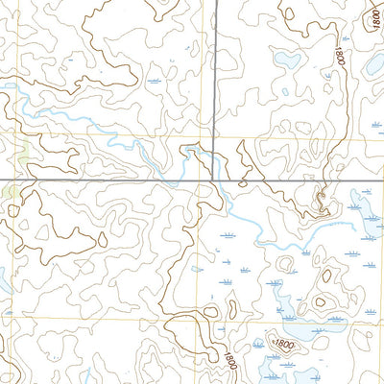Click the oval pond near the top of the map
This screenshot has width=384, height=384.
[286, 60]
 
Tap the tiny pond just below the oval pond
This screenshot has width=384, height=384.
[285, 92]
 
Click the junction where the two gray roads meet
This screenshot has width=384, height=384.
[214, 180]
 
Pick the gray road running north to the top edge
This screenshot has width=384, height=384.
[214, 77]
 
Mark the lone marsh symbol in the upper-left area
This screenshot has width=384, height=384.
[156, 83]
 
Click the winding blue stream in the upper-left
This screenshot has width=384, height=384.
[77, 120]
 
